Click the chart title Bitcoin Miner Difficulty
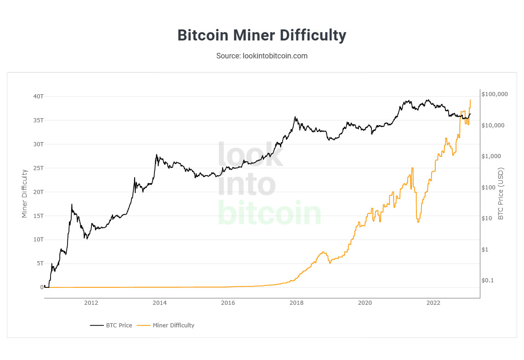pyautogui.click(x=262, y=35)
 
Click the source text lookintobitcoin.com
pyautogui.click(x=262, y=56)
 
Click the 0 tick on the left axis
pyautogui.click(x=41, y=287)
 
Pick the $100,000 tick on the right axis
pyautogui.click(x=495, y=94)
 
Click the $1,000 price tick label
pyautogui.click(x=491, y=156)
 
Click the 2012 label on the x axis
pyautogui.click(x=91, y=303)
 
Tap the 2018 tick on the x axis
pyautogui.click(x=296, y=303)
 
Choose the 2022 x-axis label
pyautogui.click(x=433, y=303)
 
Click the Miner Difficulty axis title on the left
pyautogui.click(x=25, y=193)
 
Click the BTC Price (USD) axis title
pyautogui.click(x=501, y=193)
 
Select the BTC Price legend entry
pyautogui.click(x=111, y=325)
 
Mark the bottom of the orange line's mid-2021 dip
pyautogui.click(x=418, y=222)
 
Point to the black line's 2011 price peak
pyautogui.click(x=72, y=204)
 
